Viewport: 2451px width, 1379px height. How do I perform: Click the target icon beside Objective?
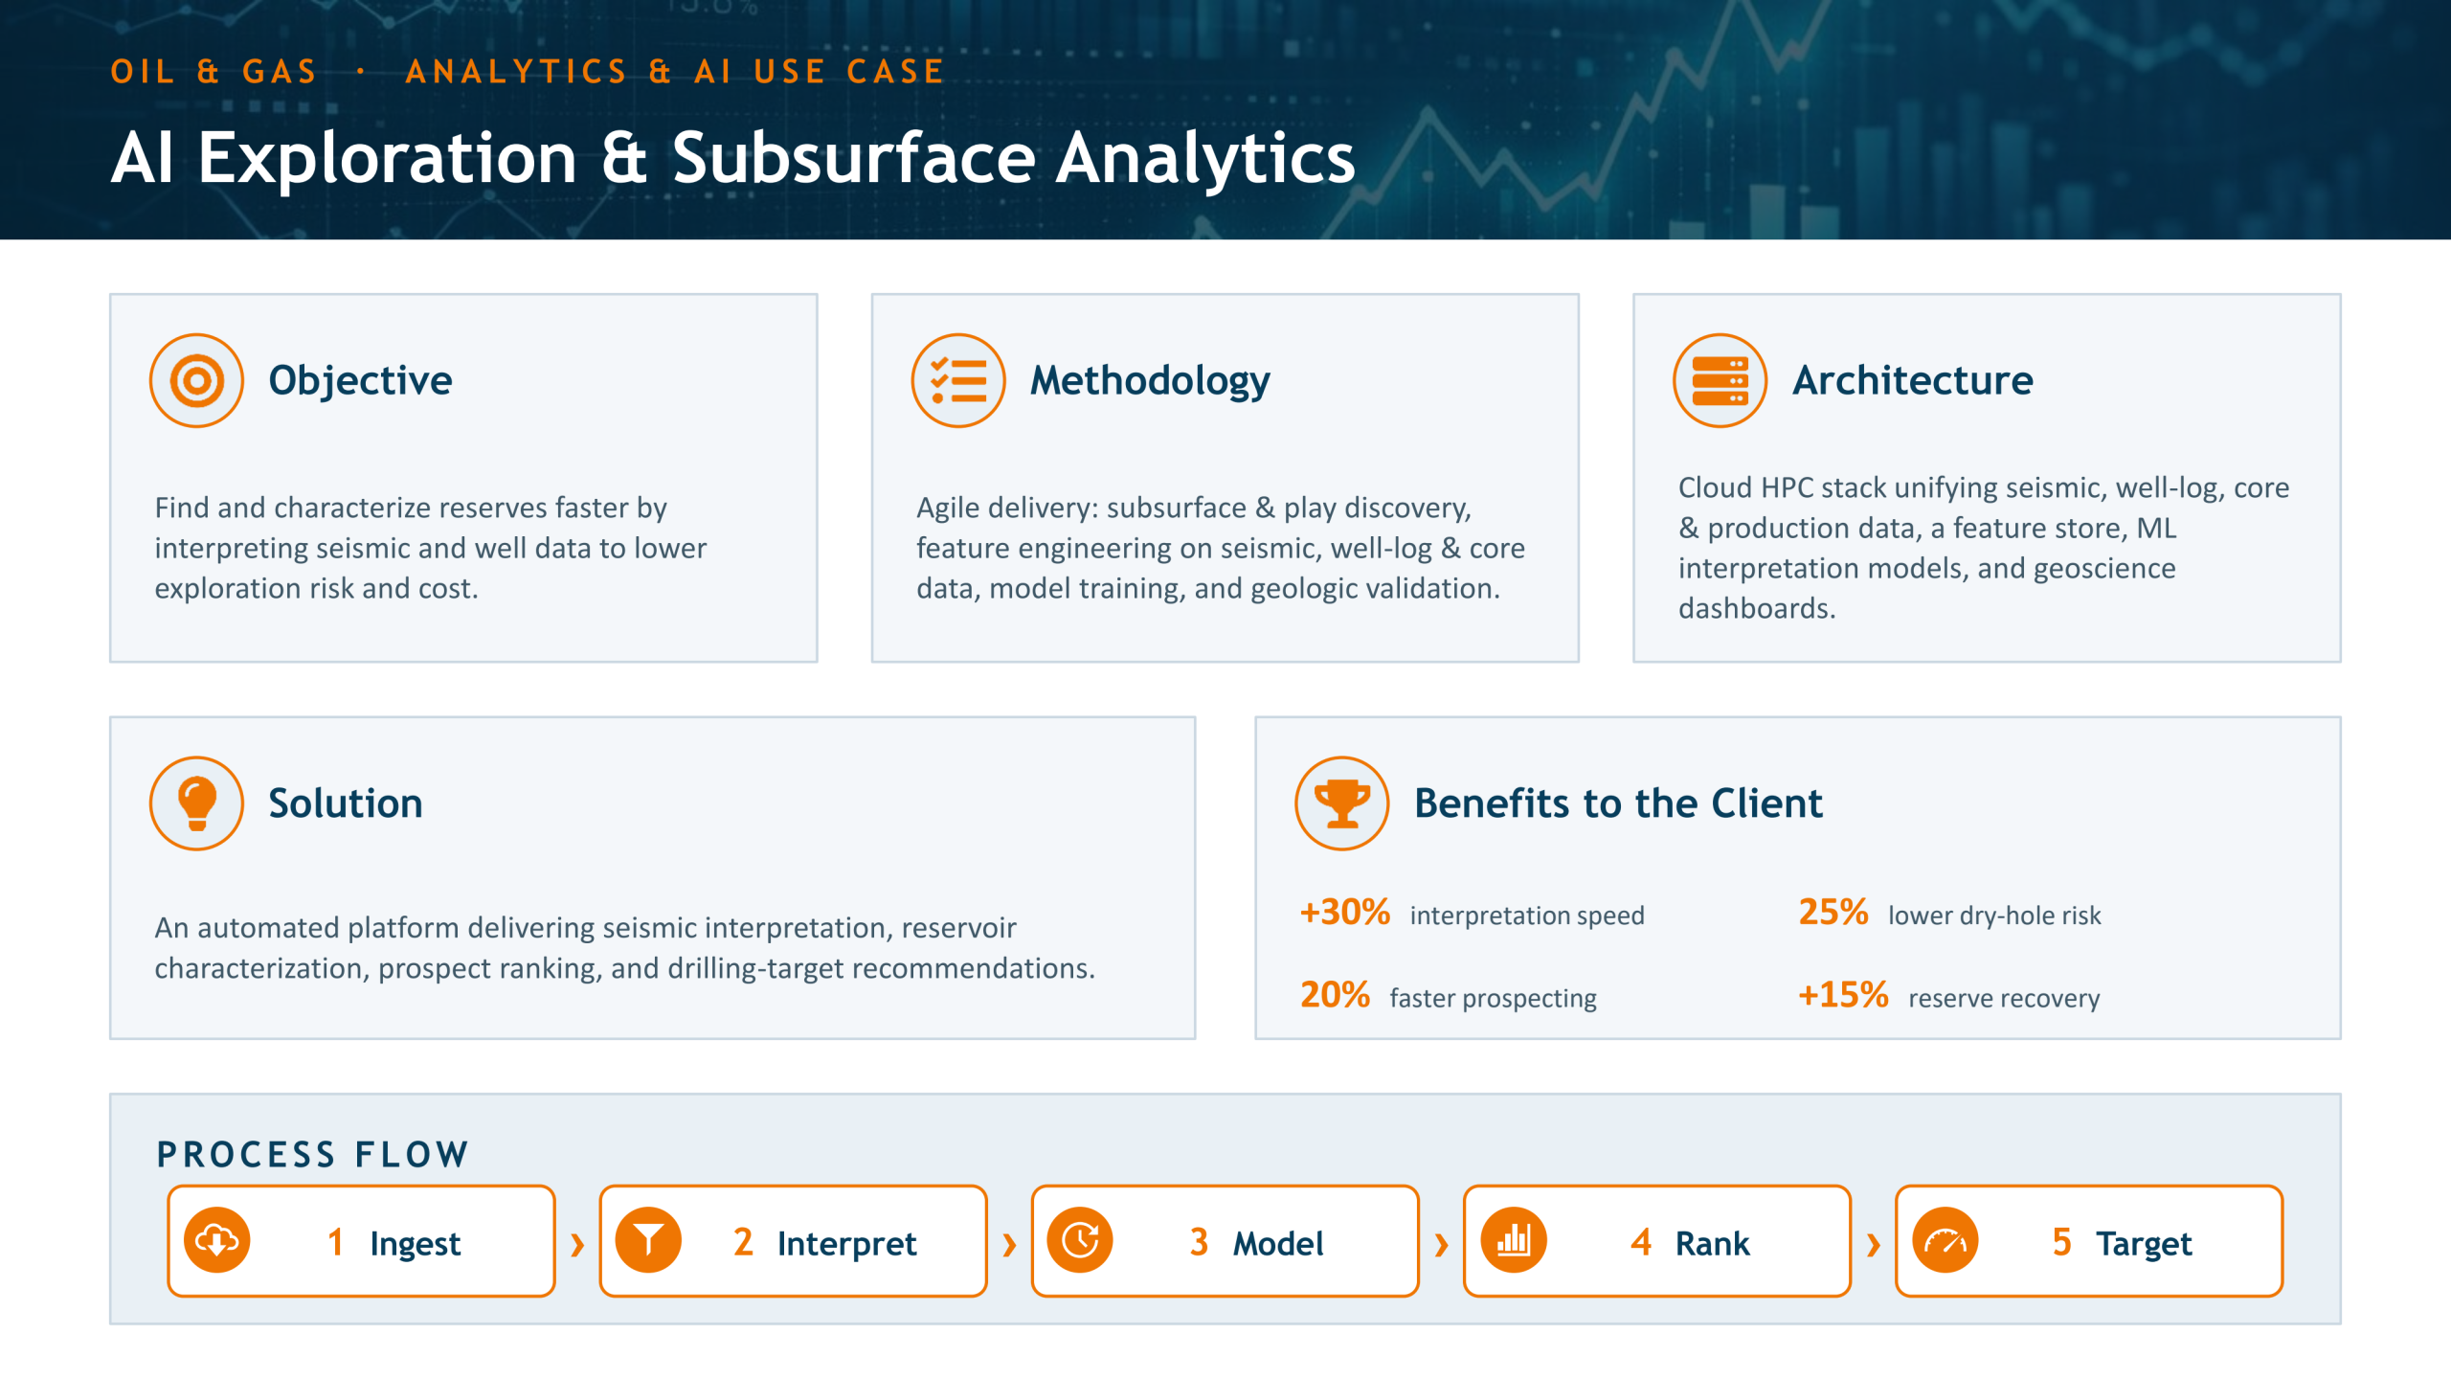point(196,380)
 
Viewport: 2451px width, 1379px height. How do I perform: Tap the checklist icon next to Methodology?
point(958,380)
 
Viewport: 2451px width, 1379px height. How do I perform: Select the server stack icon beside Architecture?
point(1720,380)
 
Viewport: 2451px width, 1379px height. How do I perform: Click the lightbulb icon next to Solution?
point(196,803)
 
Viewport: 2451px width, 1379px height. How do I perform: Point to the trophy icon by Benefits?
point(1342,803)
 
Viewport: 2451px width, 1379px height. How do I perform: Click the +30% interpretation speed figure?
point(1344,913)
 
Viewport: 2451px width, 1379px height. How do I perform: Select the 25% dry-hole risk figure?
point(1833,913)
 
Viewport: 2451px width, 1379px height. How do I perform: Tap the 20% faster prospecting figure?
point(1335,995)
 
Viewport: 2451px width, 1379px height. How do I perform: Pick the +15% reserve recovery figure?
point(1843,995)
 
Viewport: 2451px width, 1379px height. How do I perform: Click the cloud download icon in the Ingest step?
point(217,1241)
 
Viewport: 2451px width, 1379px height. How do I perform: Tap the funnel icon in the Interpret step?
point(648,1241)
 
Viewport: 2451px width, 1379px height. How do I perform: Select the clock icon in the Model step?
point(1080,1241)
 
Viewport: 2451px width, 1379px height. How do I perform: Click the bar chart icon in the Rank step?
point(1513,1241)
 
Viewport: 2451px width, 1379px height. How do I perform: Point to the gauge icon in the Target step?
point(1945,1241)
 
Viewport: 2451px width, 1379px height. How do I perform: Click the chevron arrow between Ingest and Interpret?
point(577,1244)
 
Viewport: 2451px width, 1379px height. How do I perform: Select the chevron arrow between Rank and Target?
point(1874,1244)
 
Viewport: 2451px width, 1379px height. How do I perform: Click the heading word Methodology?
point(1150,381)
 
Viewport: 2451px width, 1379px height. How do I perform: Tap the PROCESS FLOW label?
point(313,1155)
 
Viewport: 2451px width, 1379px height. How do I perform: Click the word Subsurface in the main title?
point(853,158)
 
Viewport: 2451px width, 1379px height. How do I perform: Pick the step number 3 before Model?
point(1199,1243)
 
